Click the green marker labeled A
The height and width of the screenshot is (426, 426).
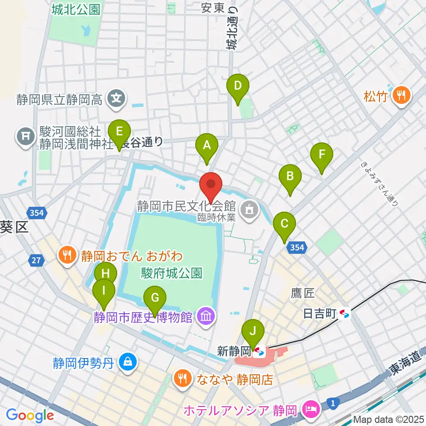pyautogui.click(x=206, y=146)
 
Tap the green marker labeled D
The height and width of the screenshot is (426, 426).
pyautogui.click(x=238, y=86)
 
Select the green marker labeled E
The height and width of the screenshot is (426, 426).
pyautogui.click(x=119, y=132)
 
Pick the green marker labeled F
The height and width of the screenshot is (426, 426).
pyautogui.click(x=322, y=155)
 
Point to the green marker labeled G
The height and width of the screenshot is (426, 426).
pyautogui.click(x=155, y=298)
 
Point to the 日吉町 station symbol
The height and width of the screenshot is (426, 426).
pyautogui.click(x=344, y=314)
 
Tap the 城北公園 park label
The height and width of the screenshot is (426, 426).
pyautogui.click(x=75, y=9)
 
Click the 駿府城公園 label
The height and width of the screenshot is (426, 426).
pyautogui.click(x=172, y=272)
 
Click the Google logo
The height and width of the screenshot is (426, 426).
pyautogui.click(x=30, y=415)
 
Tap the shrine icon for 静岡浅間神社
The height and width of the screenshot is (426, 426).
pyautogui.click(x=25, y=136)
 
